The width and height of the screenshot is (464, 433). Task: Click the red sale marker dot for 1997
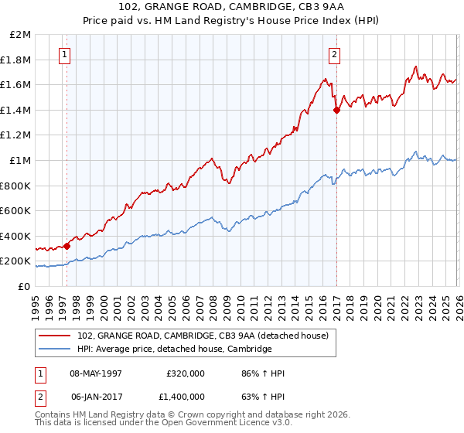67,246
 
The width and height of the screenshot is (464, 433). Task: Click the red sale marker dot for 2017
336,111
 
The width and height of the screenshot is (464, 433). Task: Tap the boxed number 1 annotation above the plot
63,54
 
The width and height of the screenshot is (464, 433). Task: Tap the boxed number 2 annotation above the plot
334,54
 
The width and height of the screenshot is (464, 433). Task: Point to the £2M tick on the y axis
22,35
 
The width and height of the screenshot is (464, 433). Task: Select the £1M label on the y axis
22,161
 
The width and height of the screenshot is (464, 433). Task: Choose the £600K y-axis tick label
17,211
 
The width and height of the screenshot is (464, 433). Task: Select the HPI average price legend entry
175,349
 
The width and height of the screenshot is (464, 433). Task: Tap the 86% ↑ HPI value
263,373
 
